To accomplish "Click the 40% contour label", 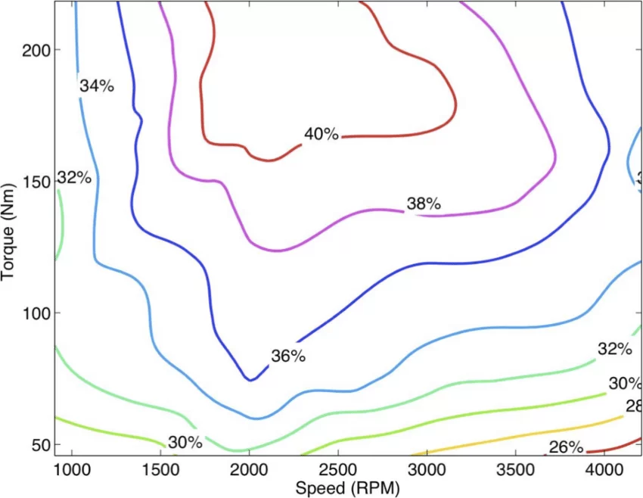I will [321, 135].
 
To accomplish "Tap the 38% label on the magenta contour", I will [424, 204].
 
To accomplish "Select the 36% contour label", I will [287, 356].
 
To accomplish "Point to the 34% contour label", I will [97, 86].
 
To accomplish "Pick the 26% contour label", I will [566, 447].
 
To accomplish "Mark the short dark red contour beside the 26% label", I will [613, 445].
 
